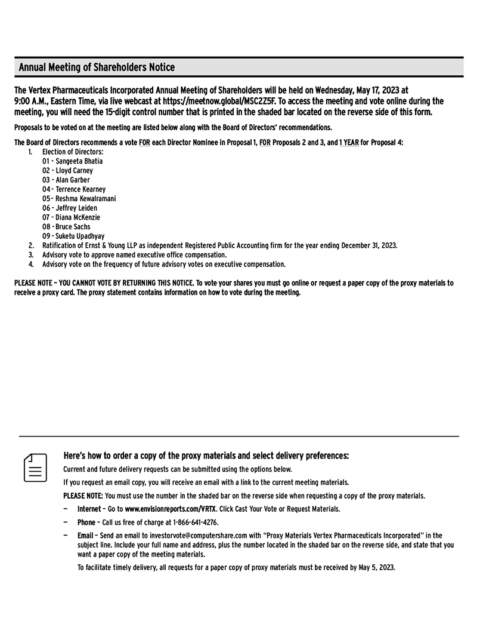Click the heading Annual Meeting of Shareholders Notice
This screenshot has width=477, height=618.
(97, 67)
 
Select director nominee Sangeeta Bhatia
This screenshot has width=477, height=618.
(79, 161)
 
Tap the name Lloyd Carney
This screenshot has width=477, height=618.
(75, 171)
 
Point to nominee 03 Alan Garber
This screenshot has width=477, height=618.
(73, 180)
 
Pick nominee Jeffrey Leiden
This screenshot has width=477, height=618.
(76, 208)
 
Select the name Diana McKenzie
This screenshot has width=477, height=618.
(78, 217)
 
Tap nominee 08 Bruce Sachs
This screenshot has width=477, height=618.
(74, 227)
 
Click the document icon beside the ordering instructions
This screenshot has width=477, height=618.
(35, 468)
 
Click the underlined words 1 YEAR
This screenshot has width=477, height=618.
(349, 143)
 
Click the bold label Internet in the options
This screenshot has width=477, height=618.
(89, 509)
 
